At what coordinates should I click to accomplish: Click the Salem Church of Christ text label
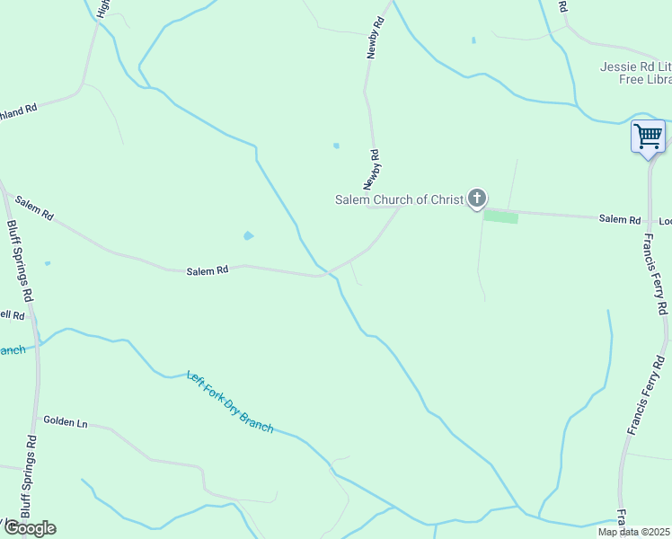[398, 199]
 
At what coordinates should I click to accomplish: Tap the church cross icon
[477, 198]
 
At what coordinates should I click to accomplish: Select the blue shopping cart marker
[648, 137]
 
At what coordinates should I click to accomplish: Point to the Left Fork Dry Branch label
[230, 402]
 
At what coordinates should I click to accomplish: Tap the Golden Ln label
[66, 420]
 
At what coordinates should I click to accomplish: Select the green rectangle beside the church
[501, 216]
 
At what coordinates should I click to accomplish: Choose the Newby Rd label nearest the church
[378, 170]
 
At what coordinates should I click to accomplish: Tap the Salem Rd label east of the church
[620, 219]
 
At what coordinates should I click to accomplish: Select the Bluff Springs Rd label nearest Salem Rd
[20, 261]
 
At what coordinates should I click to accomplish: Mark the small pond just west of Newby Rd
[337, 146]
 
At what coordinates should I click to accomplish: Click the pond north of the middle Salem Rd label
[248, 236]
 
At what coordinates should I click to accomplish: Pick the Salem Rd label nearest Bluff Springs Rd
[34, 209]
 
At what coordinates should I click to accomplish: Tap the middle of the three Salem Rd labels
[208, 269]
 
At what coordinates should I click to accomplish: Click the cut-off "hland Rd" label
[18, 108]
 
